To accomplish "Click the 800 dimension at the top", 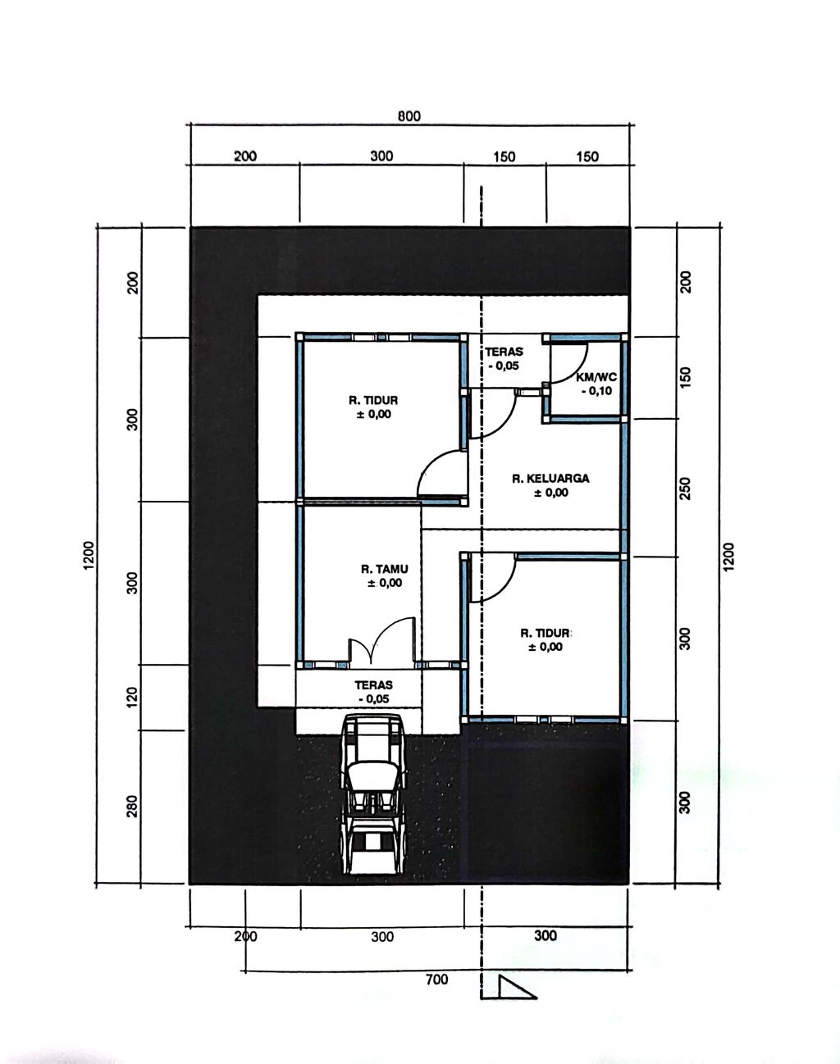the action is (409, 116).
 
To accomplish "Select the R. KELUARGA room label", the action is (550, 479).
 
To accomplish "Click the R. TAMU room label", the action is (385, 570).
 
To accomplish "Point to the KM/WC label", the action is (596, 378).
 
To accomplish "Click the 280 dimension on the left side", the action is (132, 806).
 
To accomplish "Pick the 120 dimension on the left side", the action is (132, 697).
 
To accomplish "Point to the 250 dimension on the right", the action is (685, 488).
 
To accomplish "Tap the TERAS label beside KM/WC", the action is (504, 352).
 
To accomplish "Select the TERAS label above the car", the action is (373, 685).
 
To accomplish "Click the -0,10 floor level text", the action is (596, 391).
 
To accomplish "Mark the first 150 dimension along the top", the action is (504, 157).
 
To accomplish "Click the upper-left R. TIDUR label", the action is (373, 401).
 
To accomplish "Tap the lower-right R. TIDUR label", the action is (546, 634).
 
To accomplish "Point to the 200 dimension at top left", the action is (245, 157).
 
